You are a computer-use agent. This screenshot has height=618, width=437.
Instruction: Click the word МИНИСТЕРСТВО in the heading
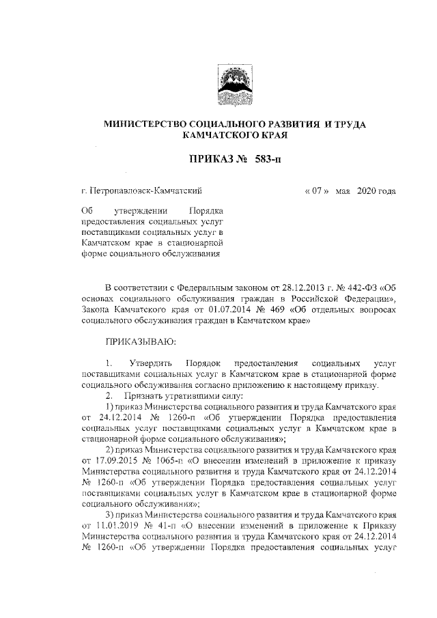[145, 124]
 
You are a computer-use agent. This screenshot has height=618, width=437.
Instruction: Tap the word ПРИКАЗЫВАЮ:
[141, 339]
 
